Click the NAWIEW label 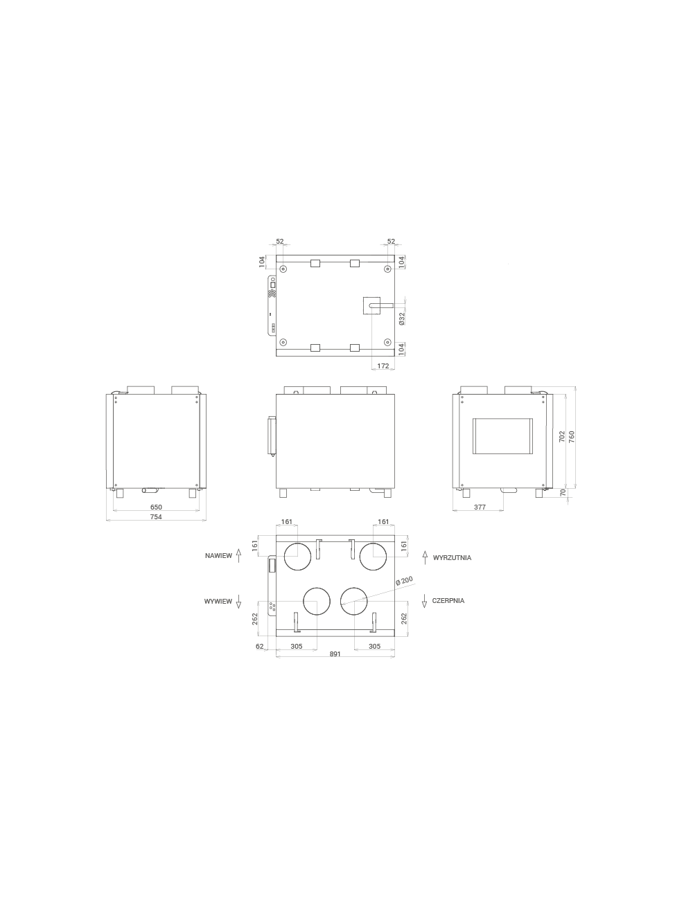pos(218,556)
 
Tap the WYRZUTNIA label pos(453,558)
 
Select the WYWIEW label pos(218,602)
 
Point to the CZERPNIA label pos(448,600)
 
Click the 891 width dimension pos(335,654)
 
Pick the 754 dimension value pos(156,517)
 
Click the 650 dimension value pos(156,507)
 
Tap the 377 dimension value pos(480,507)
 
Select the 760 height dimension pos(572,437)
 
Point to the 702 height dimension pos(562,437)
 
